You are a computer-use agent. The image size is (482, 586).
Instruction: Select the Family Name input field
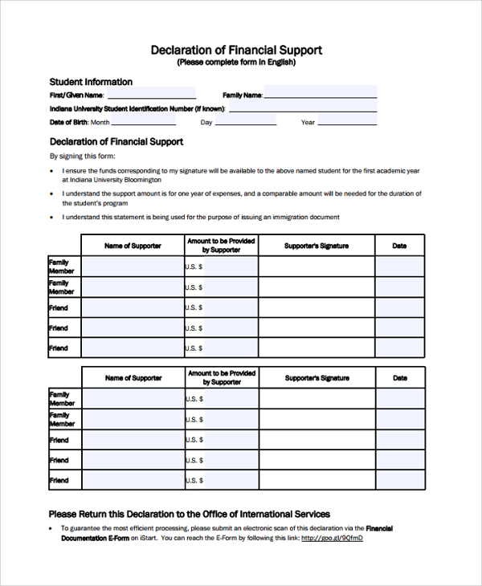pyautogui.click(x=320, y=94)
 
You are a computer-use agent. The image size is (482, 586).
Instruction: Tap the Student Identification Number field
pyautogui.click(x=302, y=108)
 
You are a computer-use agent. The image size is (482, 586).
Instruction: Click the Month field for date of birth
pyautogui.click(x=143, y=122)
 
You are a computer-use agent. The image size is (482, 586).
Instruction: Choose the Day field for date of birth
pyautogui.click(x=245, y=122)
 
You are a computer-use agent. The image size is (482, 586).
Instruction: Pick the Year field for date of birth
pyautogui.click(x=346, y=122)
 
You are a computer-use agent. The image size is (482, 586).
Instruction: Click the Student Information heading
pyautogui.click(x=91, y=82)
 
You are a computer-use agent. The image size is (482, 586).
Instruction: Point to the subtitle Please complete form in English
pyautogui.click(x=236, y=63)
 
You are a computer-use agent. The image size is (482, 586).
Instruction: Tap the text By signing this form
pyautogui.click(x=83, y=156)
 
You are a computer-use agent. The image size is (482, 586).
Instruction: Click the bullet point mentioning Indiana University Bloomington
pyautogui.click(x=241, y=175)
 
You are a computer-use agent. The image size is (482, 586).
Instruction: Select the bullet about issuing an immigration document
pyautogui.click(x=201, y=217)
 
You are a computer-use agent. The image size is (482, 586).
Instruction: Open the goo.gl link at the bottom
pyautogui.click(x=332, y=538)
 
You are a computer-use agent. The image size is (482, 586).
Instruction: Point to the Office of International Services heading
pyautogui.click(x=189, y=514)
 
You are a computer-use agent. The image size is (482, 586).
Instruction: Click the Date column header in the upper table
pyautogui.click(x=399, y=246)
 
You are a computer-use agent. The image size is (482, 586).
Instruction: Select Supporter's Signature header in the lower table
pyautogui.click(x=317, y=378)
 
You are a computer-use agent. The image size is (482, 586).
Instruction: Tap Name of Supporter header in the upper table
pyautogui.click(x=133, y=246)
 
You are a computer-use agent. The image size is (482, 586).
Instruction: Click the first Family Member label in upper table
pyautogui.click(x=60, y=267)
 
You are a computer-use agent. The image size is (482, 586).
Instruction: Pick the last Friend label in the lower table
pyautogui.click(x=59, y=480)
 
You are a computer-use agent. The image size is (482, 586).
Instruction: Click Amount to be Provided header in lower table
pyautogui.click(x=221, y=378)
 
